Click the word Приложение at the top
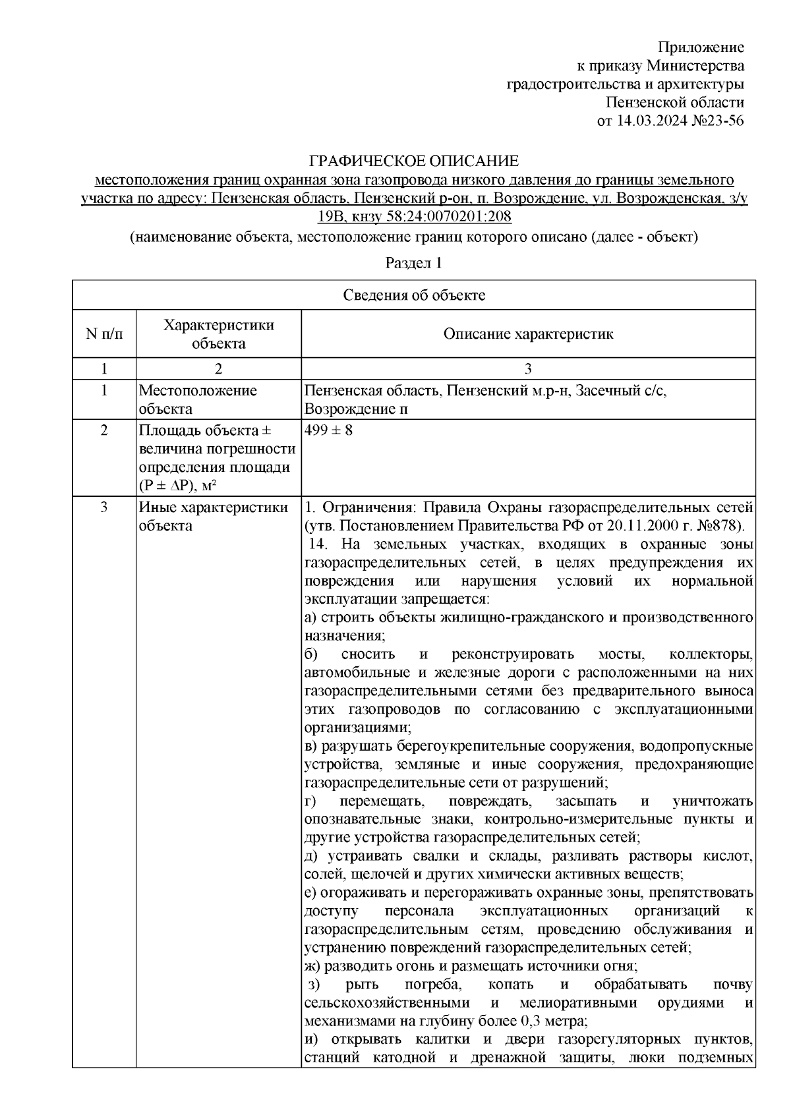coord(701,47)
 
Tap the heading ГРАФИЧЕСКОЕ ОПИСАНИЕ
coord(415,161)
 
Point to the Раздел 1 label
coord(413,264)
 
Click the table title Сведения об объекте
coord(414,295)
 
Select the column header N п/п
coord(104,334)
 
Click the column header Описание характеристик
coord(528,334)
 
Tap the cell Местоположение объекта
coord(198,400)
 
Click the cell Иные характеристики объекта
coord(213,517)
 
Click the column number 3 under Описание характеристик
coord(528,369)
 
